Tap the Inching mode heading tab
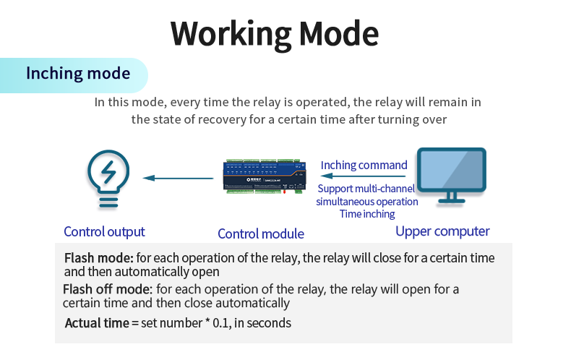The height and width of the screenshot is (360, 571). pos(77,74)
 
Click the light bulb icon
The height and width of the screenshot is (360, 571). pos(108,179)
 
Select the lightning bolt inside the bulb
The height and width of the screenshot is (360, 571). pos(109,173)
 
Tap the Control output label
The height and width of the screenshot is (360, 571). pos(104,232)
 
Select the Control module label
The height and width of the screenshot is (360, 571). pos(260,233)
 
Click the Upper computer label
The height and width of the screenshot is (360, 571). pos(442,231)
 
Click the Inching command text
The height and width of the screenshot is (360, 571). pos(364,165)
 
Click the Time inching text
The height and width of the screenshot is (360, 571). pos(367,214)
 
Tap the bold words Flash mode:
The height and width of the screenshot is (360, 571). pos(99,258)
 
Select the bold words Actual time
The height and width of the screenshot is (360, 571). pos(97,323)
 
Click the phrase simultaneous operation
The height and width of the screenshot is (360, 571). pos(367,202)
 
